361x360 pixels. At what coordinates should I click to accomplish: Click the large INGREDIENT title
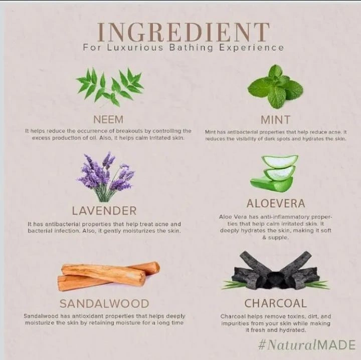pos(184,32)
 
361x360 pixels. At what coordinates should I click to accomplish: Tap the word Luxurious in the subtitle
pos(135,48)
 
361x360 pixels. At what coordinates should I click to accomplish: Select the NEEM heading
pos(108,120)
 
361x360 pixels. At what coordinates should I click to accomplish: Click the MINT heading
pos(275,120)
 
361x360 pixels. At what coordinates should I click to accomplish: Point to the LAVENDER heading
pos(104,211)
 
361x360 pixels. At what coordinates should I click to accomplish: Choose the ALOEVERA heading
pos(276,203)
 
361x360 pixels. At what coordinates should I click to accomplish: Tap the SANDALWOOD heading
pos(104,304)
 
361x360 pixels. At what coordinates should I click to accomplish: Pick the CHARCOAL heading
pos(276,303)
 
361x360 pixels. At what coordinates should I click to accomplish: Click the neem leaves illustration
pos(110,87)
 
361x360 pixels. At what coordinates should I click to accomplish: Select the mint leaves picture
pos(275,87)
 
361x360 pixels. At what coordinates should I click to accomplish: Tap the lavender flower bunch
pos(106,177)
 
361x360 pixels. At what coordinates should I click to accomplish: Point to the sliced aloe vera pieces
pos(274,173)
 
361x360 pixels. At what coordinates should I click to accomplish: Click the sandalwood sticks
pos(108,276)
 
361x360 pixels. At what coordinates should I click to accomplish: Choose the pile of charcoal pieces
pos(275,271)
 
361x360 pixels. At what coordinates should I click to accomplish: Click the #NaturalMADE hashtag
pos(307,345)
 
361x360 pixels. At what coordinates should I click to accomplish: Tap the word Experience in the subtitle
pos(251,48)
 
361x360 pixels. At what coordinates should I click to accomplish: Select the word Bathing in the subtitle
pos(191,48)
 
